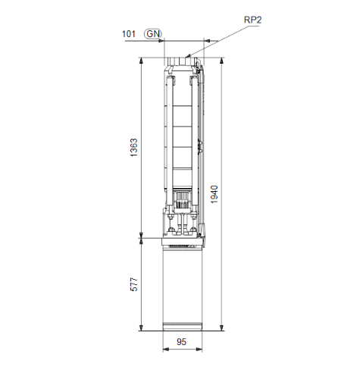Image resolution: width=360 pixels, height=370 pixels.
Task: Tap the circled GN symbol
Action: pos(154,34)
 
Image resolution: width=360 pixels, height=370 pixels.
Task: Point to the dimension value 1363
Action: pos(134,148)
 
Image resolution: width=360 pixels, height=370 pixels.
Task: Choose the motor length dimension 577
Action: pos(134,284)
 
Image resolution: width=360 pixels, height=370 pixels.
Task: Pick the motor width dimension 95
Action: pos(183,343)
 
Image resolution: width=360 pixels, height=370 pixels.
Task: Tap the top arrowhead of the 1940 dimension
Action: pos(220,61)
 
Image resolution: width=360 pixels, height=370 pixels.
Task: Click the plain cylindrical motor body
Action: pos(183,284)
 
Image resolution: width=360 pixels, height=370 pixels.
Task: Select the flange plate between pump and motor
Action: pos(183,238)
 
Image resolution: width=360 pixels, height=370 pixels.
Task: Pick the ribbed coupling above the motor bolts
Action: pos(182,200)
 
